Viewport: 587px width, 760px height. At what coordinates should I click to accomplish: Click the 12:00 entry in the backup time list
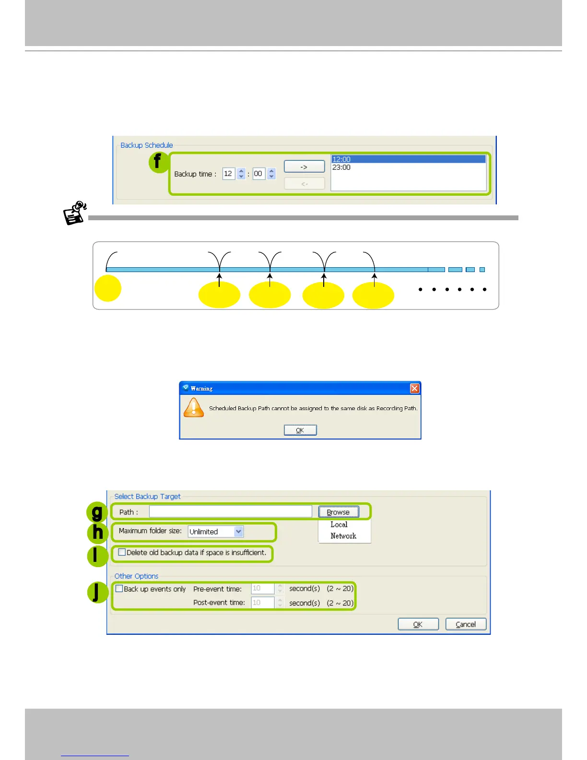point(341,159)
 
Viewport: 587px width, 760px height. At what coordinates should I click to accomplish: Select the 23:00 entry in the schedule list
point(341,167)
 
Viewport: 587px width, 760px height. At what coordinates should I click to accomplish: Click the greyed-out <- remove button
point(304,184)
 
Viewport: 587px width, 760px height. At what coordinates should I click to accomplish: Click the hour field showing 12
point(228,174)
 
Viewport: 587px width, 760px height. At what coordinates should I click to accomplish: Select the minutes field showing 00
point(258,174)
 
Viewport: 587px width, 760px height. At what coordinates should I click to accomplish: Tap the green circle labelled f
point(158,162)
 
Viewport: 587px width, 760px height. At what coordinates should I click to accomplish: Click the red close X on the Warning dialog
point(415,388)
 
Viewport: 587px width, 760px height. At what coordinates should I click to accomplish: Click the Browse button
point(338,512)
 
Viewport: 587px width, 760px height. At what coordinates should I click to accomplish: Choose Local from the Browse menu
point(339,524)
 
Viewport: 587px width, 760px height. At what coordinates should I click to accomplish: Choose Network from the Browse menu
point(343,536)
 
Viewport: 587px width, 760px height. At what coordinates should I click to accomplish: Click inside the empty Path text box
point(230,511)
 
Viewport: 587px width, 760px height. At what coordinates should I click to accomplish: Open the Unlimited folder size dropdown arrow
point(239,532)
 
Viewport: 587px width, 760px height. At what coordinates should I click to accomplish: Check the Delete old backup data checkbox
point(122,552)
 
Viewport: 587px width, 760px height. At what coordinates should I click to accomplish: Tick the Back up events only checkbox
point(119,589)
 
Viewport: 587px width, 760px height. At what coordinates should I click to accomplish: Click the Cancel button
point(466,624)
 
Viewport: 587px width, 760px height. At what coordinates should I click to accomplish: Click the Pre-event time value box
point(262,589)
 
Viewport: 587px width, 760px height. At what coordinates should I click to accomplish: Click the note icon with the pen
point(75,213)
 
